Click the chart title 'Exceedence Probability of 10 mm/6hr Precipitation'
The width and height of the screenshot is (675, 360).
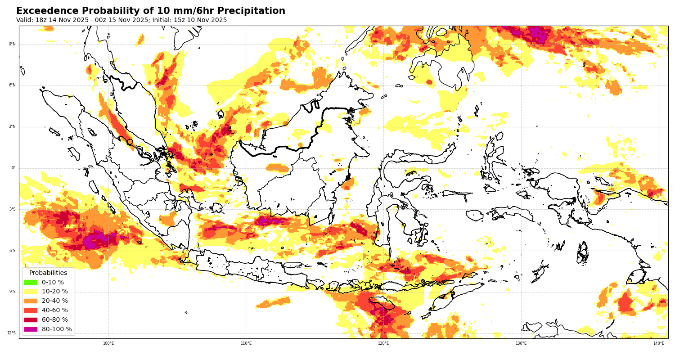pos(151,11)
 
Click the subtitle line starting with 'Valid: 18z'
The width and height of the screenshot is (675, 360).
pos(121,20)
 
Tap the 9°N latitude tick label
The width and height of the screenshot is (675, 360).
pos(13,44)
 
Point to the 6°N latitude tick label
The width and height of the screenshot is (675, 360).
pos(13,85)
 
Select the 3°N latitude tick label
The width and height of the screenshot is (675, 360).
pos(13,127)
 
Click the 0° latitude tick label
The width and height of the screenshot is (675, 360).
pos(13,168)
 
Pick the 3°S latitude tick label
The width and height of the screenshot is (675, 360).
pos(13,209)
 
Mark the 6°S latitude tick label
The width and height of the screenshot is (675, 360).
pos(13,251)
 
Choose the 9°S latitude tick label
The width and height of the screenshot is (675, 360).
pos(13,292)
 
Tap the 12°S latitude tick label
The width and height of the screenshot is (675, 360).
pos(12,333)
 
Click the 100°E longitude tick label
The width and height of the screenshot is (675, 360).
pos(108,343)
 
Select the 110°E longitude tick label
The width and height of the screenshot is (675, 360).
pos(246,343)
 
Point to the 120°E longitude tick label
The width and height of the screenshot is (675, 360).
pos(383,343)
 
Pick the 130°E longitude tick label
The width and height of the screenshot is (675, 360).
pos(521,343)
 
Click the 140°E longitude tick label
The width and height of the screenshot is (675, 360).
pos(658,343)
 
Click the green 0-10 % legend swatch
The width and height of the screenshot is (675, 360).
pos(31,282)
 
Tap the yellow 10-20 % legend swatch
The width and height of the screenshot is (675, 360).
pos(31,292)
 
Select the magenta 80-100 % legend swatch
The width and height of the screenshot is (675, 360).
pos(31,329)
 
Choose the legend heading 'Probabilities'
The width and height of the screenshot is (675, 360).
pos(48,273)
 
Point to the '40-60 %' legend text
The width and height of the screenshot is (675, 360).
pos(55,310)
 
